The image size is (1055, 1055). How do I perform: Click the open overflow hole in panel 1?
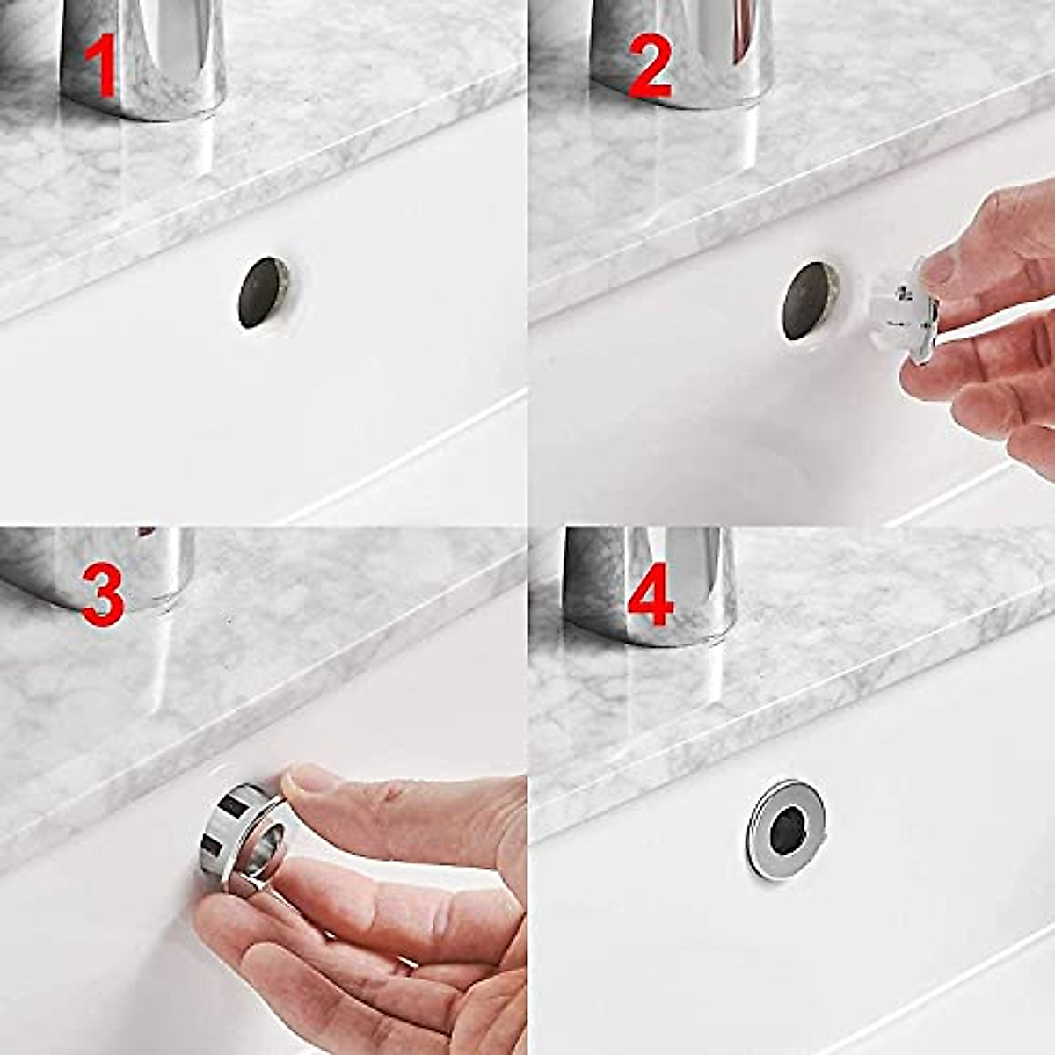[262, 293]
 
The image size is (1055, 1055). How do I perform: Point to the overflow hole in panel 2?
[809, 300]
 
